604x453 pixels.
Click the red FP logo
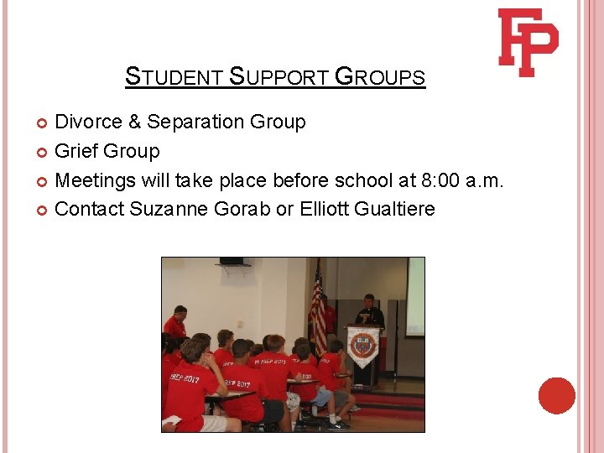pyautogui.click(x=528, y=42)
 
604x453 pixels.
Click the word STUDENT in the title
pyautogui.click(x=173, y=78)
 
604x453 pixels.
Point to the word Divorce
pyautogui.click(x=89, y=122)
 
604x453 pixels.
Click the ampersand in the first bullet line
pyautogui.click(x=135, y=122)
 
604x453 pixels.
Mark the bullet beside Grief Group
pyautogui.click(x=44, y=152)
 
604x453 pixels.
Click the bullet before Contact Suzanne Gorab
pyautogui.click(x=44, y=210)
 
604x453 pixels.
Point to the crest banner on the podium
pyautogui.click(x=362, y=346)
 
